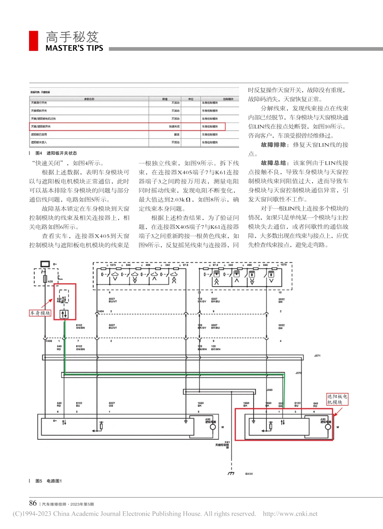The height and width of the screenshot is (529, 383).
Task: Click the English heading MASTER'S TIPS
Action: [x=74, y=48]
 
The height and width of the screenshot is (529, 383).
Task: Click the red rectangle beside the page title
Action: [x=34, y=41]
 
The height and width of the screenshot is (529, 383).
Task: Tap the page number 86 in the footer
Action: [x=33, y=503]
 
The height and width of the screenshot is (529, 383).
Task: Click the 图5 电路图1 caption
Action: [x=49, y=481]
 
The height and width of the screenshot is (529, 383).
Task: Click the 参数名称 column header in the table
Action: [x=89, y=99]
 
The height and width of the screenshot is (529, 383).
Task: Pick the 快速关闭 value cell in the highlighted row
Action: [x=174, y=127]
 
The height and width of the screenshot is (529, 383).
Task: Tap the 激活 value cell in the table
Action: [x=176, y=135]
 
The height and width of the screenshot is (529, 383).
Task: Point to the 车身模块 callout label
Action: [x=40, y=313]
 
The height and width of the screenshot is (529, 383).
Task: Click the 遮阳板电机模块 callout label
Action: [x=337, y=399]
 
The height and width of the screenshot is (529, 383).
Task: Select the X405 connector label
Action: [x=49, y=341]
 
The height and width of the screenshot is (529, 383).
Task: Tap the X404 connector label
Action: [x=100, y=312]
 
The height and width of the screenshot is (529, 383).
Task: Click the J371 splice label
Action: [x=317, y=356]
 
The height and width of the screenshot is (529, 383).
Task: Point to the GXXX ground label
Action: [x=249, y=474]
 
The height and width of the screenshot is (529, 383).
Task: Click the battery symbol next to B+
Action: [x=45, y=264]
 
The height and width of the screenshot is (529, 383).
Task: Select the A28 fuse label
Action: [x=50, y=281]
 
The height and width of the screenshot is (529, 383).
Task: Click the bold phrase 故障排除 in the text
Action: [x=273, y=145]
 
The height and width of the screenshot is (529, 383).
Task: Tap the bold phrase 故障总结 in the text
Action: [x=273, y=163]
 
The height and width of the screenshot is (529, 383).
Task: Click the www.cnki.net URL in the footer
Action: [x=290, y=514]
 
